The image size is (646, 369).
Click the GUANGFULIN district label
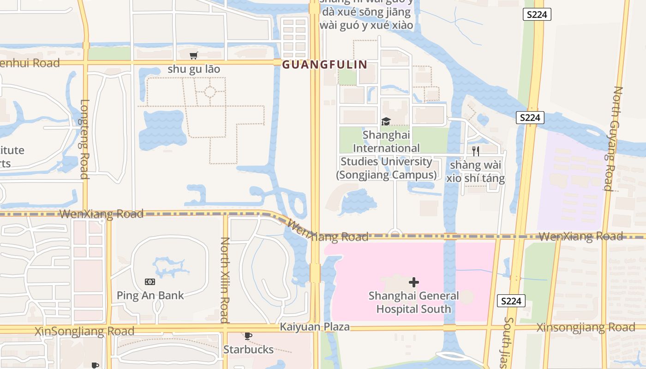[x=324, y=65]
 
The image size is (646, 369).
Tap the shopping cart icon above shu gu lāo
[x=193, y=56]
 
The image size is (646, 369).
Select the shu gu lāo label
[x=194, y=69]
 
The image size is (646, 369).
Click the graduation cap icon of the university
[x=386, y=121]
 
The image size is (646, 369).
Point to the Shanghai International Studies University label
[x=386, y=155]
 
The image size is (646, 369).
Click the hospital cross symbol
[x=414, y=282]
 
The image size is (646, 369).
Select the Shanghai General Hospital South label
[x=414, y=302]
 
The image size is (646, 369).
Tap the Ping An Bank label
[x=150, y=295]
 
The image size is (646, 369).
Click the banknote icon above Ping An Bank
[x=150, y=282]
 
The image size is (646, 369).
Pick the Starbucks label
[x=248, y=349]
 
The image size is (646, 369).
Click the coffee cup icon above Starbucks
[x=248, y=336]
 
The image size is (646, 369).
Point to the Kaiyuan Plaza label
[x=315, y=327]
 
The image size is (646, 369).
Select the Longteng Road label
[x=84, y=139]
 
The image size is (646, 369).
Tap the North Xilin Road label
[x=225, y=280]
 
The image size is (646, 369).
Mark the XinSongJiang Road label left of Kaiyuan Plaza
[x=84, y=331]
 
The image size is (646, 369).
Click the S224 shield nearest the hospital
[x=511, y=301]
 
